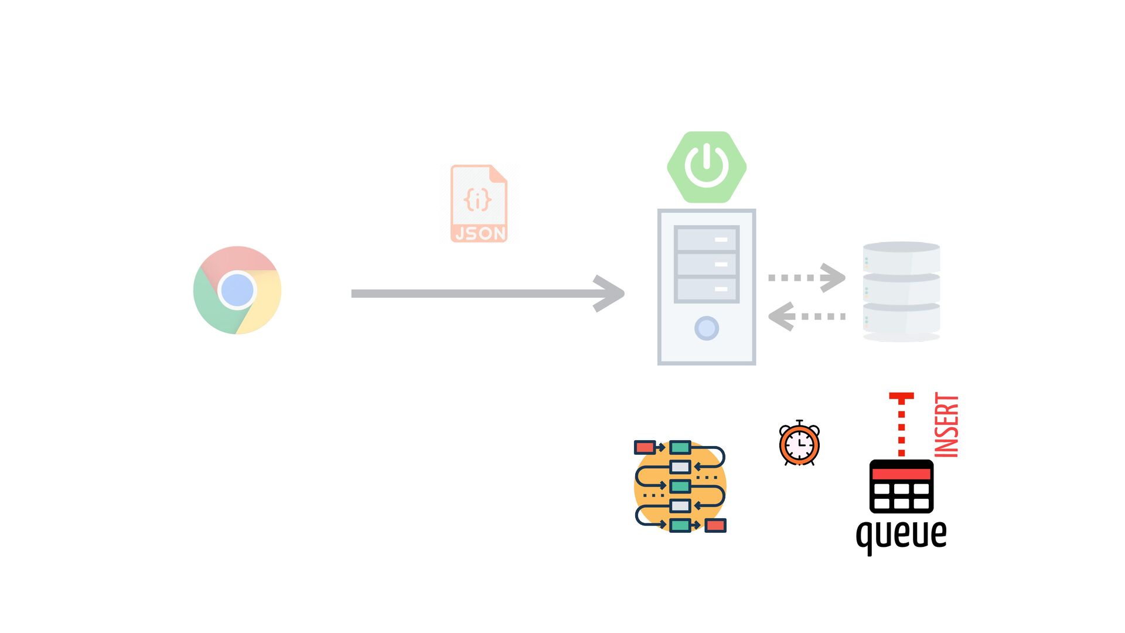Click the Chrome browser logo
point(237,290)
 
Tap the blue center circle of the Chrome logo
point(237,290)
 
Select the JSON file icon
point(479,203)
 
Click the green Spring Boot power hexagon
point(707,167)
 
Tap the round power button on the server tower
point(707,328)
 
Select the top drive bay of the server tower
point(707,239)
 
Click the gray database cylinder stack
point(901,291)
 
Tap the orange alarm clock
point(799,444)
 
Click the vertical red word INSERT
point(946,425)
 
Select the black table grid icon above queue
point(901,486)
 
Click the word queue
point(901,534)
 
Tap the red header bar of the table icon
point(901,473)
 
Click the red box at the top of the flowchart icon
point(645,448)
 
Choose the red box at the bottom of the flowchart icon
point(715,525)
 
